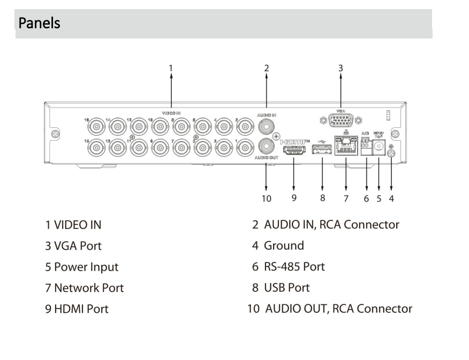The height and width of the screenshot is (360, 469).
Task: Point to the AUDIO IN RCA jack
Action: (x=267, y=126)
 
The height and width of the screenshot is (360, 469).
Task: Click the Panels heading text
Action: (x=39, y=24)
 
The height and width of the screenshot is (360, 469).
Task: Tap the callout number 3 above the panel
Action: (x=341, y=67)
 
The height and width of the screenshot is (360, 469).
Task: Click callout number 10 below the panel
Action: (x=266, y=198)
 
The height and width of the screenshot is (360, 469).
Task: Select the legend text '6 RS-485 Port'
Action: (x=289, y=266)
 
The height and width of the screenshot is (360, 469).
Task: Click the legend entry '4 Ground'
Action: (x=278, y=246)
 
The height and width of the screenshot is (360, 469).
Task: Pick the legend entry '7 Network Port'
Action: (x=84, y=288)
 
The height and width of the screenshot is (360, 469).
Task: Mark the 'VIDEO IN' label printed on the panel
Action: (x=172, y=113)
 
